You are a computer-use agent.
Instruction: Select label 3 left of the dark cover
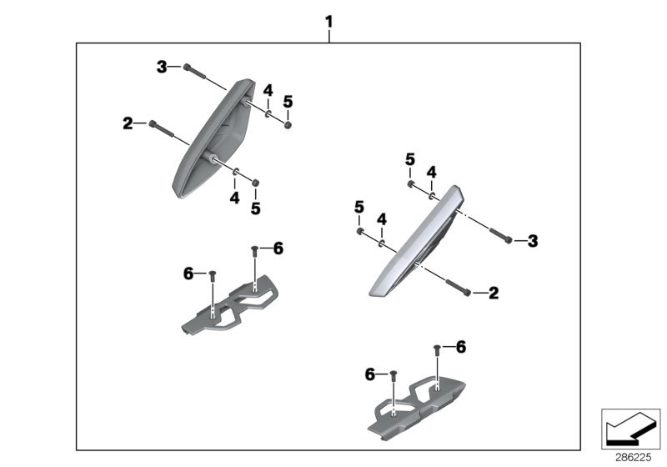point(163,67)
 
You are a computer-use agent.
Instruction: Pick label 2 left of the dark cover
point(128,123)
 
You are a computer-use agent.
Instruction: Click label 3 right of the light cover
point(533,241)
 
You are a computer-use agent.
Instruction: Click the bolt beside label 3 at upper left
point(194,72)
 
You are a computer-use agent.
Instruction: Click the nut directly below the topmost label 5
point(287,124)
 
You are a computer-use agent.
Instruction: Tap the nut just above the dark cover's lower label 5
point(256,183)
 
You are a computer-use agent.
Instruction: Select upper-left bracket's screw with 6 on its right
point(254,250)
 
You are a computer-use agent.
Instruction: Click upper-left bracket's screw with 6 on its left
point(213,274)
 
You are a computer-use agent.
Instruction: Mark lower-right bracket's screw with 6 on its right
point(437,349)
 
